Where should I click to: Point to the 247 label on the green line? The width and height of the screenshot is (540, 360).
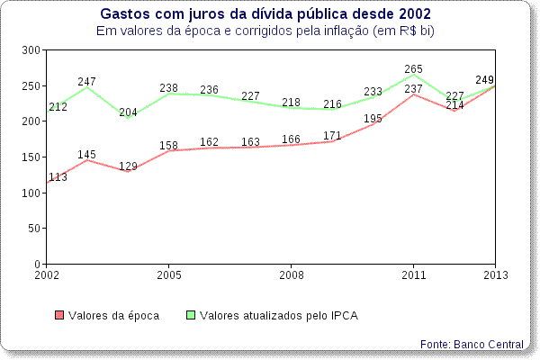(86, 82)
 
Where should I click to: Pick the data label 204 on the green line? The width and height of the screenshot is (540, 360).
(129, 112)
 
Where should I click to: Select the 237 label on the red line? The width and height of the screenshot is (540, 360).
(414, 89)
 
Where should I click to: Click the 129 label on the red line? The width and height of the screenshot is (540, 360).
(129, 166)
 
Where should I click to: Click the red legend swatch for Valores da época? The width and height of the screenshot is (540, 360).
(60, 315)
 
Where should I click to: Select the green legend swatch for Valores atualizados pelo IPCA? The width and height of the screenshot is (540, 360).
(191, 315)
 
